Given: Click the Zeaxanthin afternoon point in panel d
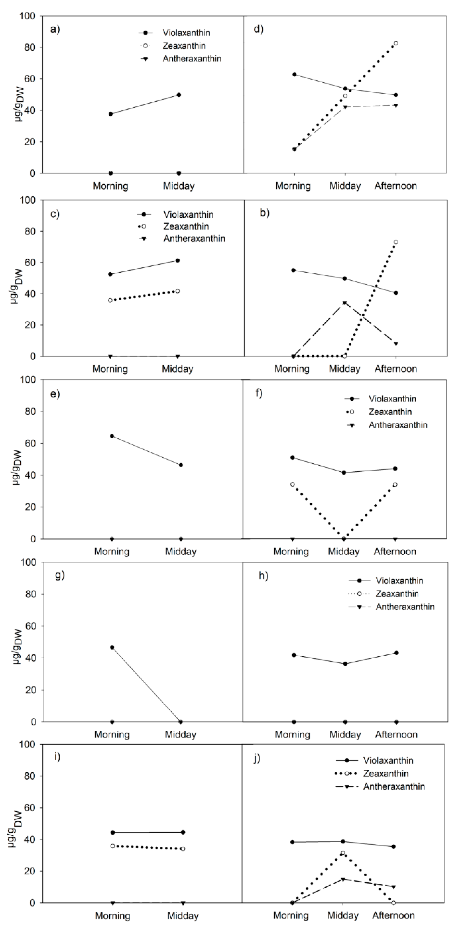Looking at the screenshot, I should pyautogui.click(x=396, y=43).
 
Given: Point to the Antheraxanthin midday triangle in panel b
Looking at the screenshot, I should pyautogui.click(x=345, y=303).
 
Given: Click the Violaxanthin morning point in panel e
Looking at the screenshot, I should pyautogui.click(x=112, y=436).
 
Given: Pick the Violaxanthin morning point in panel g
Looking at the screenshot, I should pyautogui.click(x=112, y=647).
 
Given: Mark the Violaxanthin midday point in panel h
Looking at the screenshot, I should pyautogui.click(x=345, y=663).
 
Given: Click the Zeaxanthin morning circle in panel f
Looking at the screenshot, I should pyautogui.click(x=293, y=484).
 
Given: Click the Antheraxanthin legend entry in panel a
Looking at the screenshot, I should pyautogui.click(x=192, y=59).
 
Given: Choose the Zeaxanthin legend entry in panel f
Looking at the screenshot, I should pyautogui.click(x=390, y=412).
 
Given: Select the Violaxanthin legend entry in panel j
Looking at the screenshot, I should pyautogui.click(x=388, y=761).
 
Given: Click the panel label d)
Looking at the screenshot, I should pyautogui.click(x=259, y=29).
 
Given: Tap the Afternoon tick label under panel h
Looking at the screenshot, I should pyautogui.click(x=396, y=735).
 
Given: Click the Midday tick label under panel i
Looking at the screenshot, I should pyautogui.click(x=183, y=915).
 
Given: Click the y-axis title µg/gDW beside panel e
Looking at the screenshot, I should pyautogui.click(x=16, y=468).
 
